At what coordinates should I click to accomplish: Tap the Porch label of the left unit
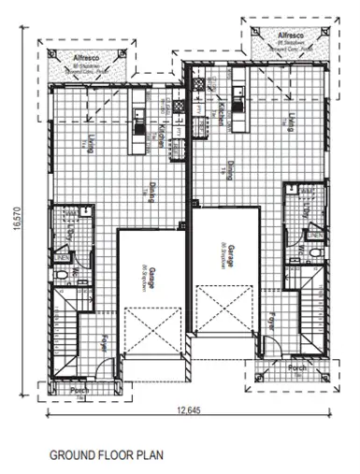[x=65, y=389]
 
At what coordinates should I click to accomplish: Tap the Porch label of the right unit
[x=297, y=367]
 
